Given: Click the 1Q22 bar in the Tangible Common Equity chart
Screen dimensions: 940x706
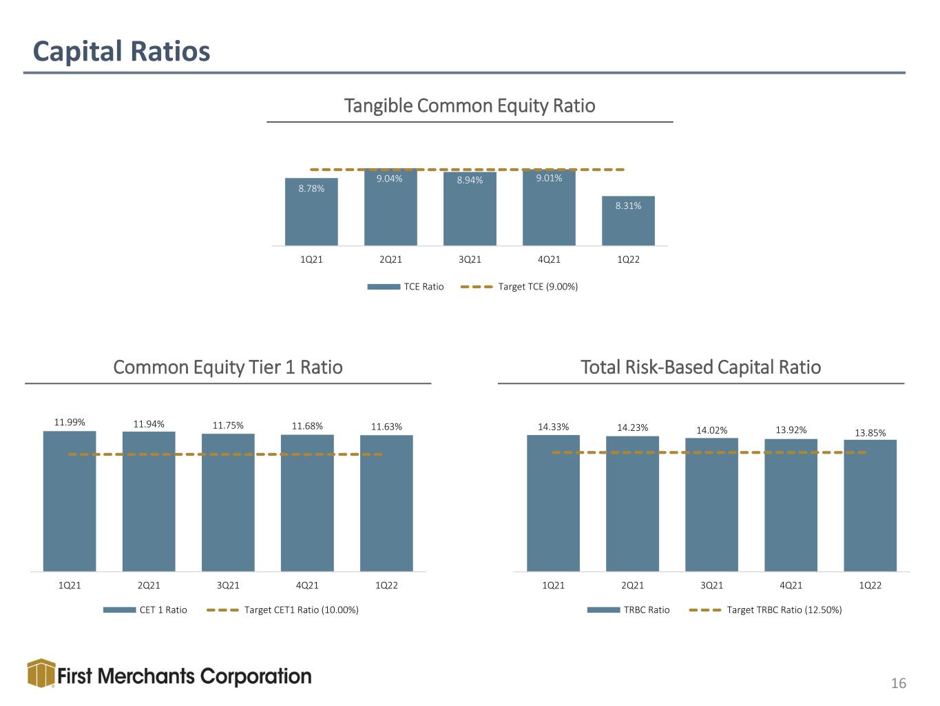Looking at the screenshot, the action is [628, 221].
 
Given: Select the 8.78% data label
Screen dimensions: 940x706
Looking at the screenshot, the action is [311, 189].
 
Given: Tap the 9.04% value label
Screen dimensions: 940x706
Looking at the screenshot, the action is [389, 179].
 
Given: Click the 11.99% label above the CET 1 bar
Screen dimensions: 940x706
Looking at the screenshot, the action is [70, 422].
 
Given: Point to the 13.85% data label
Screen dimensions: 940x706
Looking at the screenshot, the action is [870, 433].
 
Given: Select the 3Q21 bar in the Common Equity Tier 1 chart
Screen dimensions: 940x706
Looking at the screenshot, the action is [228, 503].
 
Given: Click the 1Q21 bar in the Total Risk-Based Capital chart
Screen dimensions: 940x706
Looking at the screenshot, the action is [553, 503].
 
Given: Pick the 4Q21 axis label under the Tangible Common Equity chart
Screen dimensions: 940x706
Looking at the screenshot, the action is [549, 259].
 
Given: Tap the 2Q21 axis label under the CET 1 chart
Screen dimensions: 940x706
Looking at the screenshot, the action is [149, 585].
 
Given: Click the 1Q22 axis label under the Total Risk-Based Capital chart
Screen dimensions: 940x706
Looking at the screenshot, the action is [870, 585].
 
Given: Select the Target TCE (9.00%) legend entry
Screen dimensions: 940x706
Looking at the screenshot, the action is [519, 287].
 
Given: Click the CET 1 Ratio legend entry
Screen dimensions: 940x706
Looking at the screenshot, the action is [145, 610].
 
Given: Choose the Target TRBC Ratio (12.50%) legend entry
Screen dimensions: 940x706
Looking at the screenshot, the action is [765, 610].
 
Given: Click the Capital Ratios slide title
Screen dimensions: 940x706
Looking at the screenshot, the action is [122, 52].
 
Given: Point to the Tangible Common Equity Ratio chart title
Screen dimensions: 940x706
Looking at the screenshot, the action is [470, 106].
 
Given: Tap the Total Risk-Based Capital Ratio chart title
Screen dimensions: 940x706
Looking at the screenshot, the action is [700, 367].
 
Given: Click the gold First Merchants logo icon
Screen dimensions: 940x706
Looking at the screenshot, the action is [41, 674].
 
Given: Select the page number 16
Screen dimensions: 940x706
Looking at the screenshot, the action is [899, 683].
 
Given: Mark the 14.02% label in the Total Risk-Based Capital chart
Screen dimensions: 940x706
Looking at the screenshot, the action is [712, 430].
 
